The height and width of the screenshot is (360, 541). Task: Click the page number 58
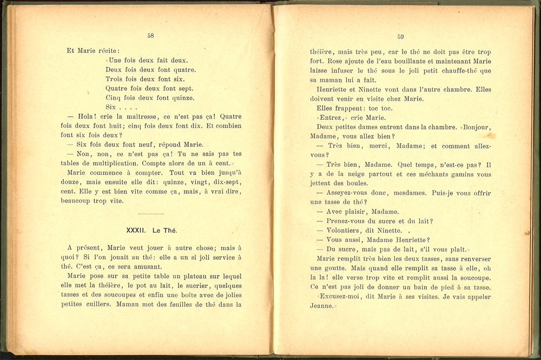point(150,36)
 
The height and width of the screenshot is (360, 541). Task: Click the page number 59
point(400,37)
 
